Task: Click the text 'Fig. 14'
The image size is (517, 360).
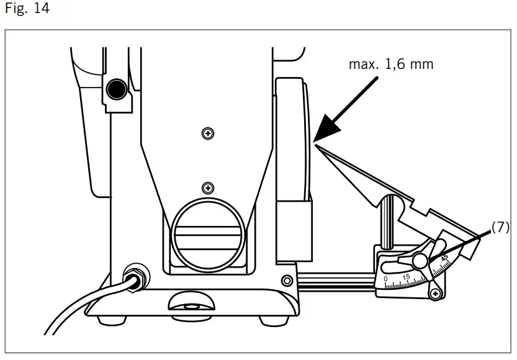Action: [x=27, y=9]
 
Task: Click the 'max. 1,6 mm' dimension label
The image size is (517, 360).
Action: [x=390, y=64]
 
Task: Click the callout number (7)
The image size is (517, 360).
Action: [x=500, y=228]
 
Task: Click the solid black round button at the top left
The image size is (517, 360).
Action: [x=115, y=91]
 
